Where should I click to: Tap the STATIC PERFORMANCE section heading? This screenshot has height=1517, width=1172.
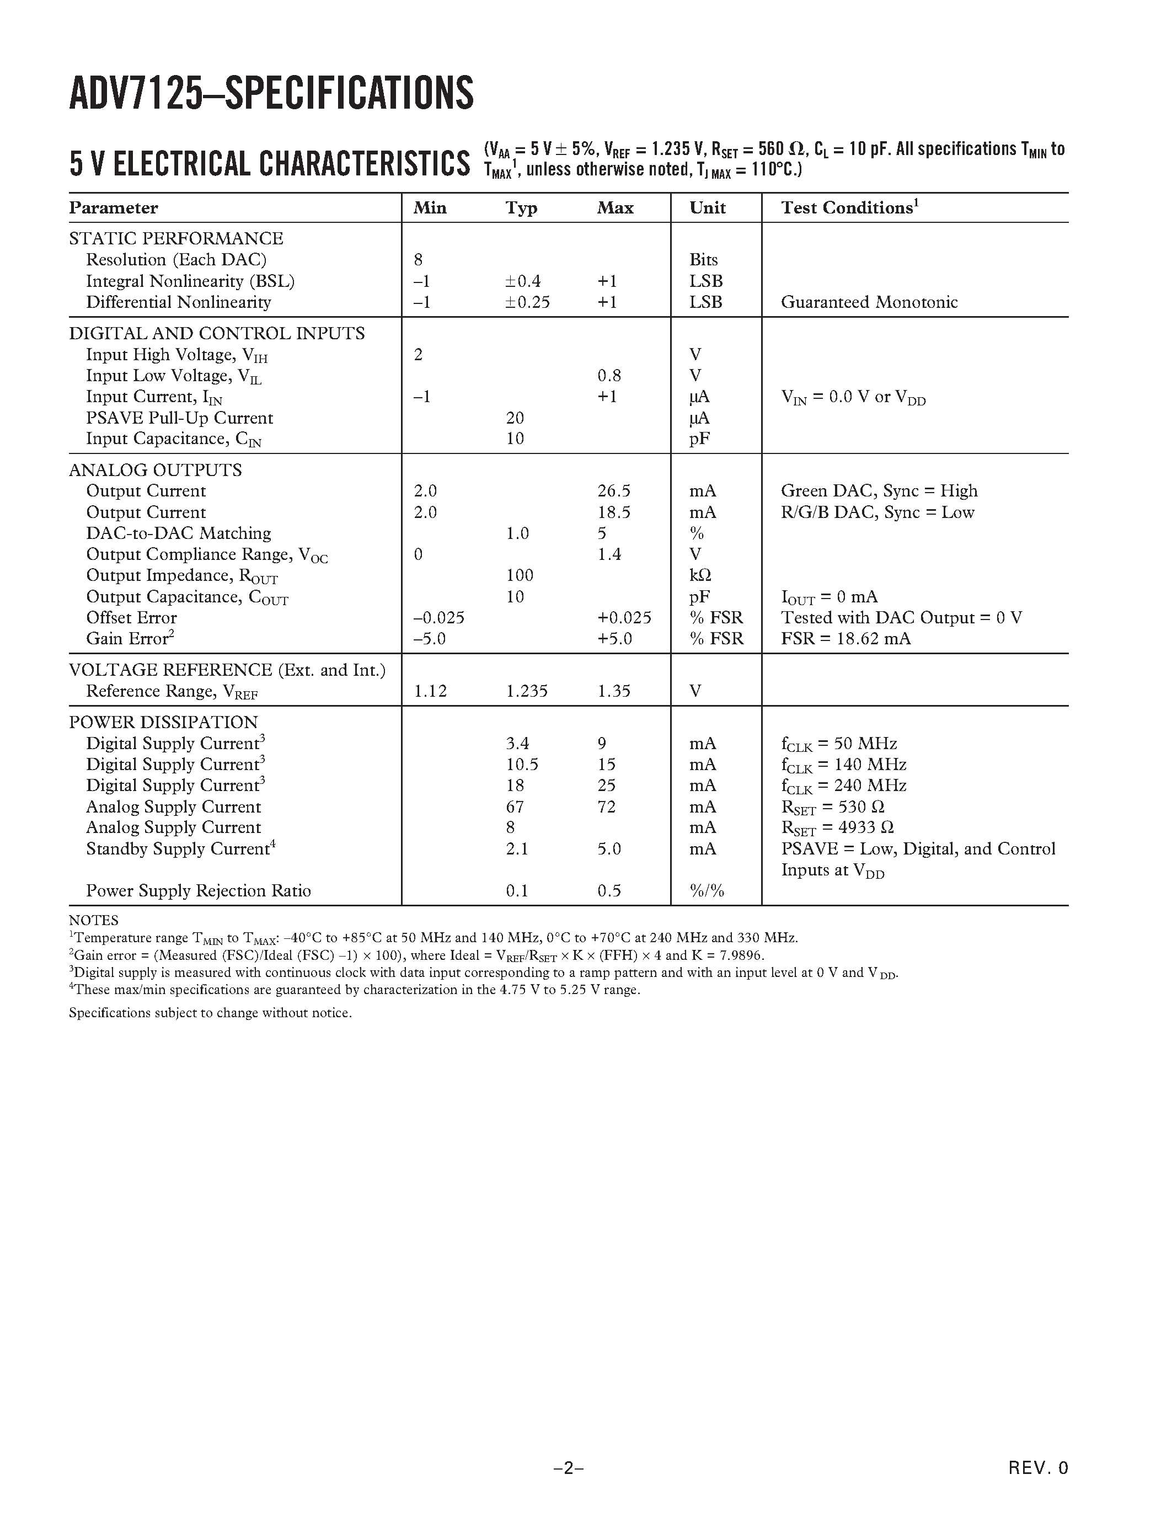pyautogui.click(x=175, y=238)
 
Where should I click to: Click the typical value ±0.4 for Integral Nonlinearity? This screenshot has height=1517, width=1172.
pyautogui.click(x=523, y=281)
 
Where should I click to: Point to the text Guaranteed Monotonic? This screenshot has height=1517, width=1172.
pyautogui.click(x=869, y=302)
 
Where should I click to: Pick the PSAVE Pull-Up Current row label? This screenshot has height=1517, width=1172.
pyautogui.click(x=179, y=418)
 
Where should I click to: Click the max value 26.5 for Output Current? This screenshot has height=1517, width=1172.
pyautogui.click(x=614, y=491)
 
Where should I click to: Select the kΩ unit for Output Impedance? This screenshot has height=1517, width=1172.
pyautogui.click(x=700, y=575)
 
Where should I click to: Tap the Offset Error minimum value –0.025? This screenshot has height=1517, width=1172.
pyautogui.click(x=439, y=617)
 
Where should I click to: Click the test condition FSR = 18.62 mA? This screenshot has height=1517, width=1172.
pyautogui.click(x=845, y=638)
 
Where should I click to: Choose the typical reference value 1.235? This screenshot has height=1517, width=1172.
pyautogui.click(x=526, y=691)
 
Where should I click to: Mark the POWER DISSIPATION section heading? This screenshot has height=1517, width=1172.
pyautogui.click(x=163, y=723)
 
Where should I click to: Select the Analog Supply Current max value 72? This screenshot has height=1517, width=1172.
pyautogui.click(x=606, y=807)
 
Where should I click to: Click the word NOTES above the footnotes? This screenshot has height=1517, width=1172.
pyautogui.click(x=93, y=920)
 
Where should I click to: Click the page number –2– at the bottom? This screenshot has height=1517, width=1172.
pyautogui.click(x=568, y=1468)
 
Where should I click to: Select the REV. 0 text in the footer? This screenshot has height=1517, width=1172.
pyautogui.click(x=1038, y=1468)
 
